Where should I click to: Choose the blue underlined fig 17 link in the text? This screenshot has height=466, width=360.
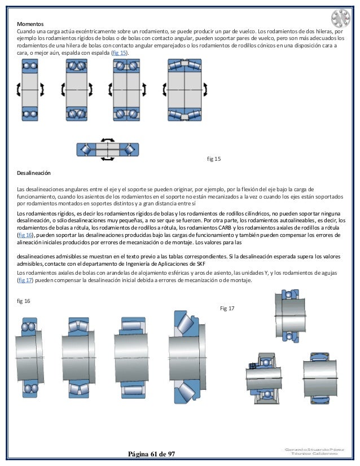(x=24, y=280)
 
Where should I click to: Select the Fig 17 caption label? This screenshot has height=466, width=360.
(x=227, y=308)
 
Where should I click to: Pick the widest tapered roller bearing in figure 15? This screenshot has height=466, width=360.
(x=185, y=90)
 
